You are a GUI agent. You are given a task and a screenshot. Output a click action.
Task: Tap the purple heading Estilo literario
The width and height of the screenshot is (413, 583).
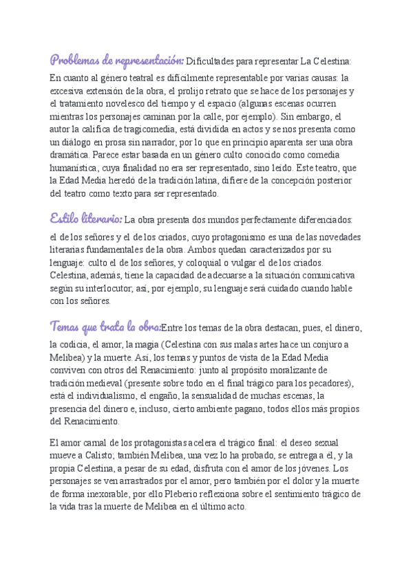[87, 219]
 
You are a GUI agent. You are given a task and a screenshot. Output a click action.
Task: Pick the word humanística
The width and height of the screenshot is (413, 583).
[76, 167]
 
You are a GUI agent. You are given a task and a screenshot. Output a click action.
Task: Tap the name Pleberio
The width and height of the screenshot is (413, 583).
[220, 494]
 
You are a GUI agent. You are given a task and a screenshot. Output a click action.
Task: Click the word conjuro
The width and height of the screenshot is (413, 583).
[324, 344]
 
